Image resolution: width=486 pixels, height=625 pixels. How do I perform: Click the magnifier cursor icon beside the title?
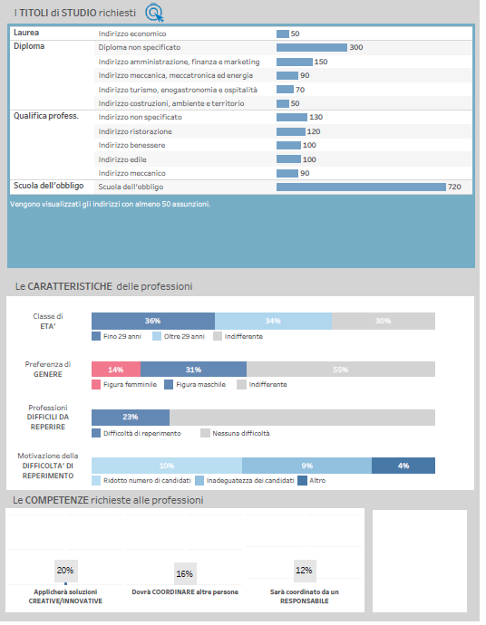154,13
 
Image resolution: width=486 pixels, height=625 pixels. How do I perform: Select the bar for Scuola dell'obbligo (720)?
361,187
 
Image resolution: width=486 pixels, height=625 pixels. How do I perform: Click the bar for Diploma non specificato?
312,47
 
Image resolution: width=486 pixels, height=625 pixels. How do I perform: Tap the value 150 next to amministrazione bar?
321,62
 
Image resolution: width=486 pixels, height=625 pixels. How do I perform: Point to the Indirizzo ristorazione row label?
135,131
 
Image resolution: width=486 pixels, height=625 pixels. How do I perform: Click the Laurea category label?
26,33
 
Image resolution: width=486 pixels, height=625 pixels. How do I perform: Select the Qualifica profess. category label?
46,116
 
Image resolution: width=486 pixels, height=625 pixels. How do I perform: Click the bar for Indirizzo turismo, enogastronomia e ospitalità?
285,90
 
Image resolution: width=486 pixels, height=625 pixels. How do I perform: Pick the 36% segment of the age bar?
153,321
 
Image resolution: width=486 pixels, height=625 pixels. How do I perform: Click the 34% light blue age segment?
273,321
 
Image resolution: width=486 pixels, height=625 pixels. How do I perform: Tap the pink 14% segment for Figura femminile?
116,370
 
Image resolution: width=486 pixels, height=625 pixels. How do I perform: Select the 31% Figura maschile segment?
193,370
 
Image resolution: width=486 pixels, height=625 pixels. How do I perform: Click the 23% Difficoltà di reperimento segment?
131,418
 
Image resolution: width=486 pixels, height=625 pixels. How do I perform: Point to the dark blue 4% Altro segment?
403,466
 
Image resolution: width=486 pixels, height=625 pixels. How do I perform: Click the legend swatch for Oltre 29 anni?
157,336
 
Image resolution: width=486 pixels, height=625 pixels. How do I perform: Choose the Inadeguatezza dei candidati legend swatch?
199,481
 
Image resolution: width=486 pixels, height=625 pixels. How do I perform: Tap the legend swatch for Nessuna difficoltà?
206,433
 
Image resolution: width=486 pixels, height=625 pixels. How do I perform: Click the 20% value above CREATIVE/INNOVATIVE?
65,571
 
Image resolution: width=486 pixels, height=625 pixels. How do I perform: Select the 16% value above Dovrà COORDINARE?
185,574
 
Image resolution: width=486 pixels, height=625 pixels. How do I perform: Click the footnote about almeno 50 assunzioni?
110,204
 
